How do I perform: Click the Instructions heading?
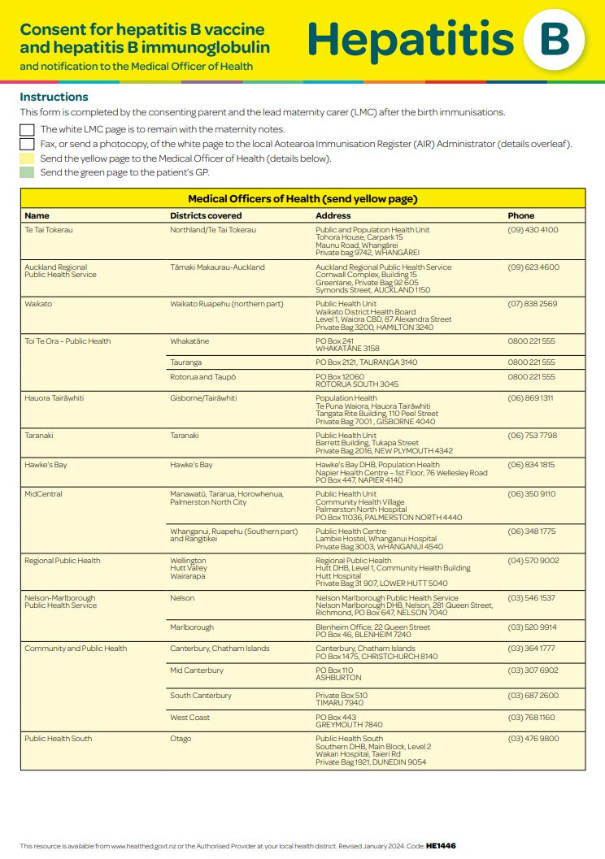[x=54, y=97]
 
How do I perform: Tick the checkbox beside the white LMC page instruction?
[x=27, y=129]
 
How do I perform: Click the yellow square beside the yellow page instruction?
[x=27, y=158]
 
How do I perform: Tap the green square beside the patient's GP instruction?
[x=27, y=172]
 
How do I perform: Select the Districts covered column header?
[x=206, y=215]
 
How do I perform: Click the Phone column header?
[x=521, y=215]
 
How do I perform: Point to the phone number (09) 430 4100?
[x=533, y=230]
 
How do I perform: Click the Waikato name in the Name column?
[x=38, y=304]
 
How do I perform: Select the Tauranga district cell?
[x=186, y=362]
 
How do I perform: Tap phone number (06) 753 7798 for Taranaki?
[x=533, y=436]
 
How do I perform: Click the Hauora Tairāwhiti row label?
[x=54, y=398]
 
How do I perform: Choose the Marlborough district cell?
[x=192, y=627]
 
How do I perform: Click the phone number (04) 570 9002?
[x=533, y=561]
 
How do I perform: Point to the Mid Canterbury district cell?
[x=197, y=670]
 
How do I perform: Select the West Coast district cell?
[x=189, y=718]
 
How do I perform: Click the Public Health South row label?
[x=58, y=739]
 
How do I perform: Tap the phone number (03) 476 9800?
[x=533, y=739]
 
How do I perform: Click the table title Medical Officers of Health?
[x=302, y=198]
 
